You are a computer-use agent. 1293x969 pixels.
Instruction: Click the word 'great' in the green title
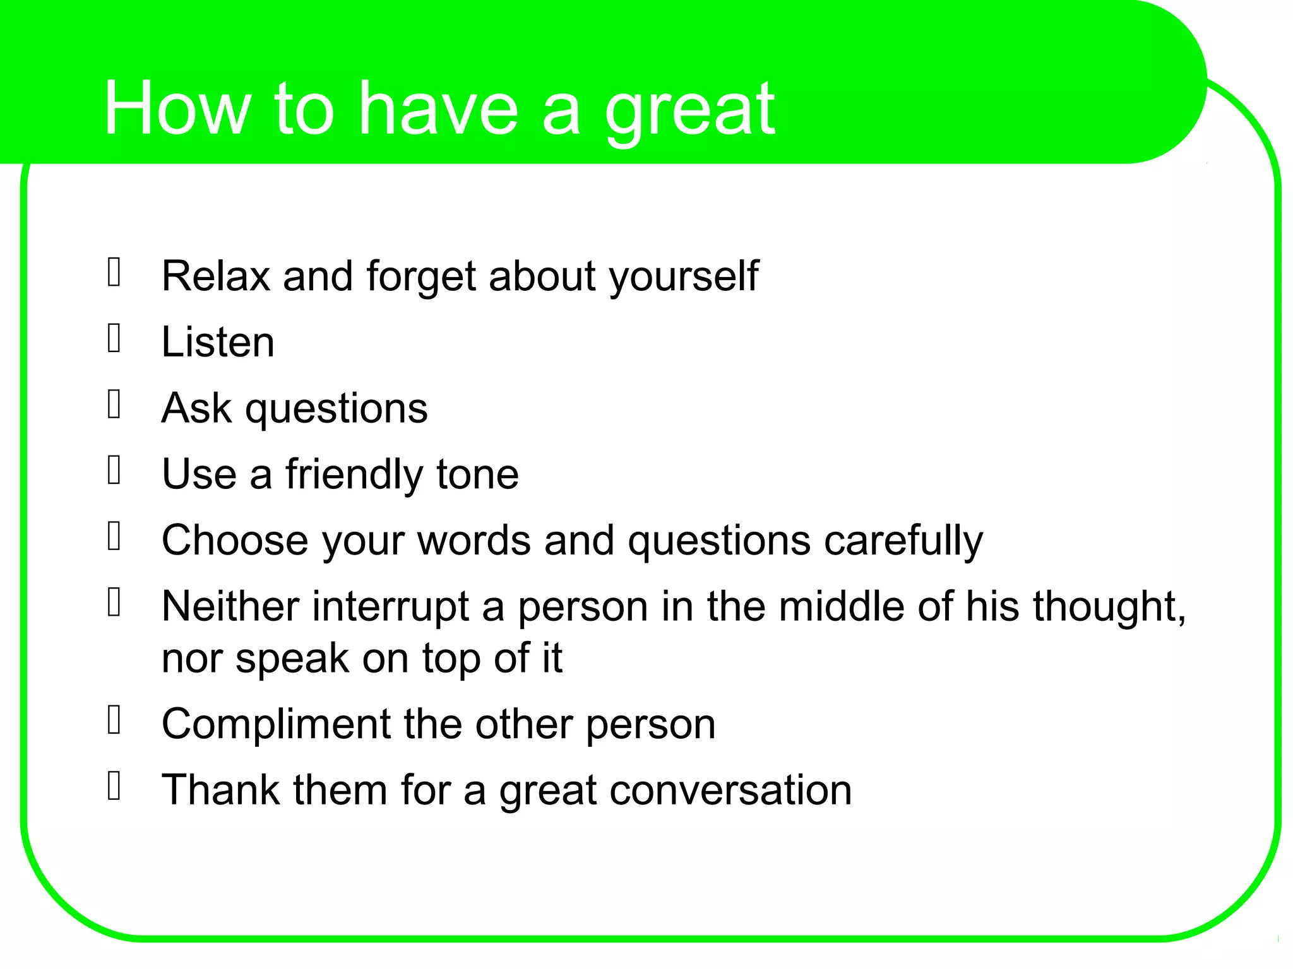689,110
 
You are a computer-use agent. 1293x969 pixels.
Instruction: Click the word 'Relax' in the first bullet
215,276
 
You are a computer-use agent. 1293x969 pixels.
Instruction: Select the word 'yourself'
683,278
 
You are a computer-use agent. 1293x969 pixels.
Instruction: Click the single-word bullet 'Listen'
218,343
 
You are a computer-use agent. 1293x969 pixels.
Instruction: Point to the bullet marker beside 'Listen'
114,339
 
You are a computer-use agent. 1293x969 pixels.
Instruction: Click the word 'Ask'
196,408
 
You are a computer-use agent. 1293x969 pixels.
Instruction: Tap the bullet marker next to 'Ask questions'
114,404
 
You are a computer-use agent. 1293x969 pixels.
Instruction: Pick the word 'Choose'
235,541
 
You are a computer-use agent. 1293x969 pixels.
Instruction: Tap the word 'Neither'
230,607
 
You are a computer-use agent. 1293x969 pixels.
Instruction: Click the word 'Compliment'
276,724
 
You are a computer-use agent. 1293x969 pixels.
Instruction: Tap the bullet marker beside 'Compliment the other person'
114,720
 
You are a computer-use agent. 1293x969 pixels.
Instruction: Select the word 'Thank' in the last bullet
220,790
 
